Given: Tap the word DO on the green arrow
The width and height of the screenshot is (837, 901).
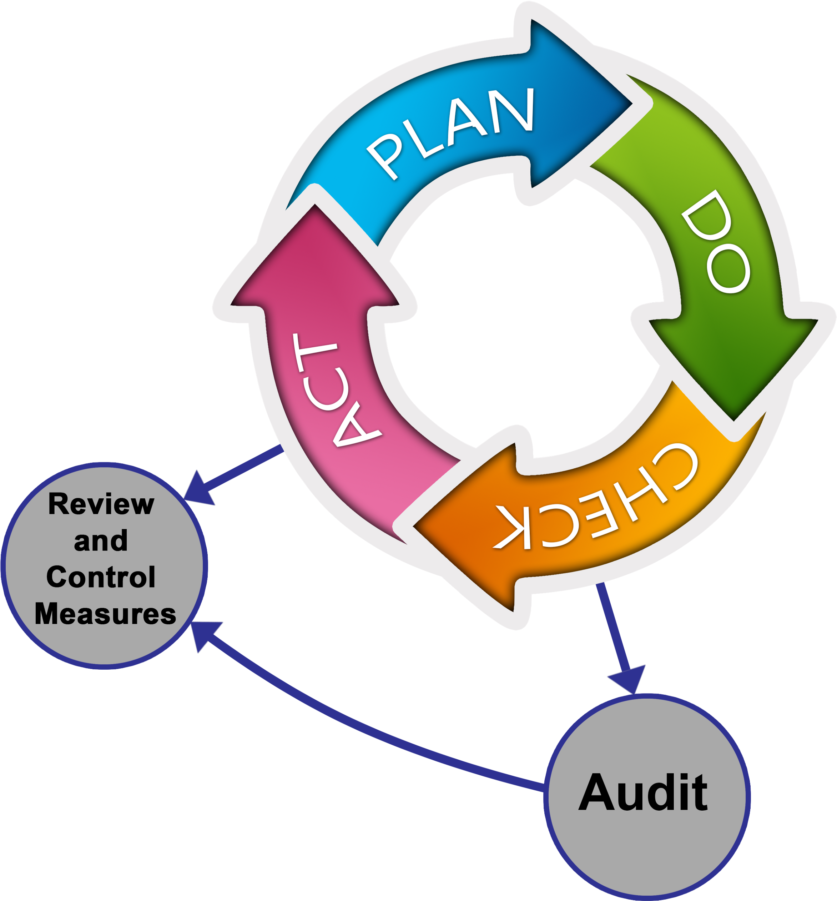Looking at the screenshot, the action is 716,241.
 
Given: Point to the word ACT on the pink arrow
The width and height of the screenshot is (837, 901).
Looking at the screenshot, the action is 337,390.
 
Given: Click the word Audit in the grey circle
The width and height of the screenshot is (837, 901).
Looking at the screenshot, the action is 643,793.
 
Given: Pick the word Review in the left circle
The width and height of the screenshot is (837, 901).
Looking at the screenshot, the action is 101,504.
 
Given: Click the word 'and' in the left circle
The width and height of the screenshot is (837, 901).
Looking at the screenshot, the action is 101,540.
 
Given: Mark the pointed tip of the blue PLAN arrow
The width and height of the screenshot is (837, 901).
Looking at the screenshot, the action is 632,104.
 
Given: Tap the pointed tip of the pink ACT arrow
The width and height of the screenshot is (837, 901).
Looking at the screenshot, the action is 315,204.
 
